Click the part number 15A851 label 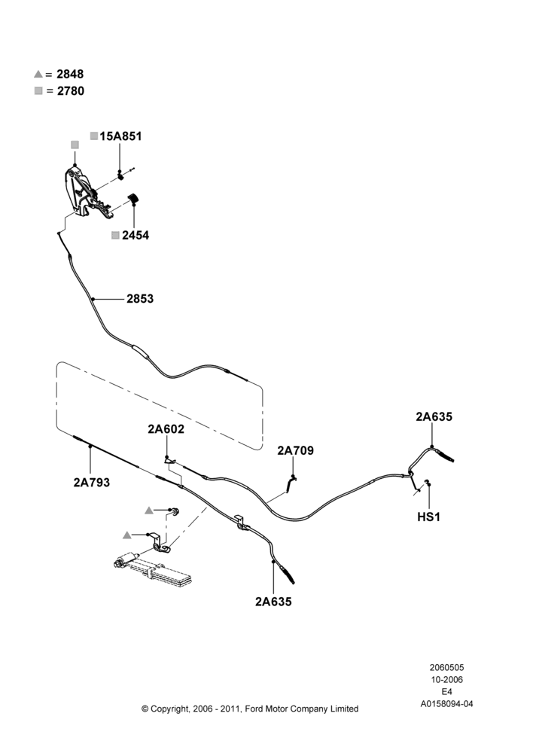[120, 136]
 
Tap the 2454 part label [136, 235]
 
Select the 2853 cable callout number [140, 299]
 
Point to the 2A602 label [166, 429]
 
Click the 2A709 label [295, 450]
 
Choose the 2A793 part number [91, 482]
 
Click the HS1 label [429, 517]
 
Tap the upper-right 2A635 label [434, 417]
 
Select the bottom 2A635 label [273, 602]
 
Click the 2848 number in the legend [70, 74]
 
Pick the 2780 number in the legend [71, 91]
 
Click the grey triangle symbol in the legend [38, 74]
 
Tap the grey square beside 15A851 [94, 136]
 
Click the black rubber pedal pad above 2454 [132, 199]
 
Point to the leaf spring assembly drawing [153, 570]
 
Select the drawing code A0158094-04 [446, 704]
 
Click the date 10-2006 [446, 679]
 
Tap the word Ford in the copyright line [255, 709]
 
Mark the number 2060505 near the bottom [446, 667]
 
